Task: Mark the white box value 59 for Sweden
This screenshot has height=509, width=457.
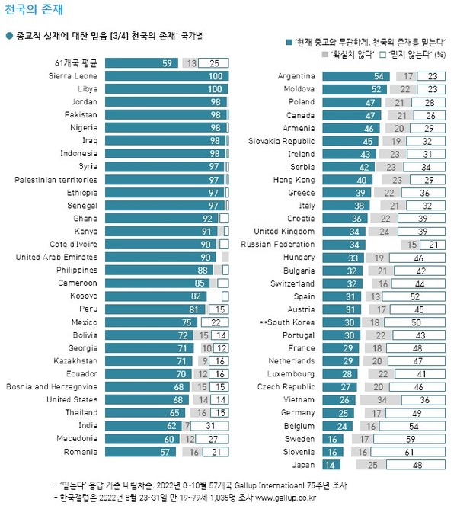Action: pyautogui.click(x=420, y=438)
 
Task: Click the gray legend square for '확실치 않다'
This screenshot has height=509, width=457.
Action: pyautogui.click(x=325, y=55)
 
